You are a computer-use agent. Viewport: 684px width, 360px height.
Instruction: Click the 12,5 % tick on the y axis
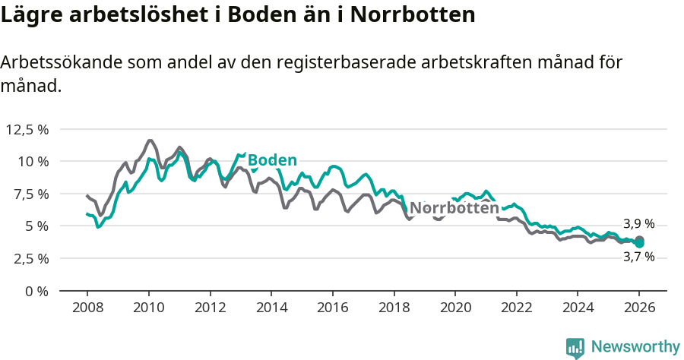click(27, 129)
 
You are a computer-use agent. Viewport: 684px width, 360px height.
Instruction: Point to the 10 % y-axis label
click(33, 161)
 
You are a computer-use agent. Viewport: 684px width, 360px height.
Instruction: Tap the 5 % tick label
click(36, 226)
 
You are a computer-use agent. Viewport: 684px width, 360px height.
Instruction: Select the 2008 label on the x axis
click(87, 309)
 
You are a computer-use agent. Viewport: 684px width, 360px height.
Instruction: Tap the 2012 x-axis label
click(210, 309)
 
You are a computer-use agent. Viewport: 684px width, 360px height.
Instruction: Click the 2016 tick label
click(332, 309)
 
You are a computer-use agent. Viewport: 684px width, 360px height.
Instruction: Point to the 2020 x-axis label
click(455, 309)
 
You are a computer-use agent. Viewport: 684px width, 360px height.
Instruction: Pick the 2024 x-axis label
click(578, 309)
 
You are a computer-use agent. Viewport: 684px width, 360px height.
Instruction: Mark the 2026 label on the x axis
click(639, 309)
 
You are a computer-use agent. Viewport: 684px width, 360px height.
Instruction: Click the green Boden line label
click(272, 160)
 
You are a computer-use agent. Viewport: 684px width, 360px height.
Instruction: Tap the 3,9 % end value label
click(638, 224)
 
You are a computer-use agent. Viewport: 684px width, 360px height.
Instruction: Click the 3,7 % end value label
click(638, 257)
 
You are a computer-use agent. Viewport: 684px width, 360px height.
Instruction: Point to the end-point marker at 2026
click(640, 242)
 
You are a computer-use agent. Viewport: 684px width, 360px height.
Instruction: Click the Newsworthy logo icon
click(575, 347)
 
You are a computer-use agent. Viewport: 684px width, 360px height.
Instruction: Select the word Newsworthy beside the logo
click(635, 347)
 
